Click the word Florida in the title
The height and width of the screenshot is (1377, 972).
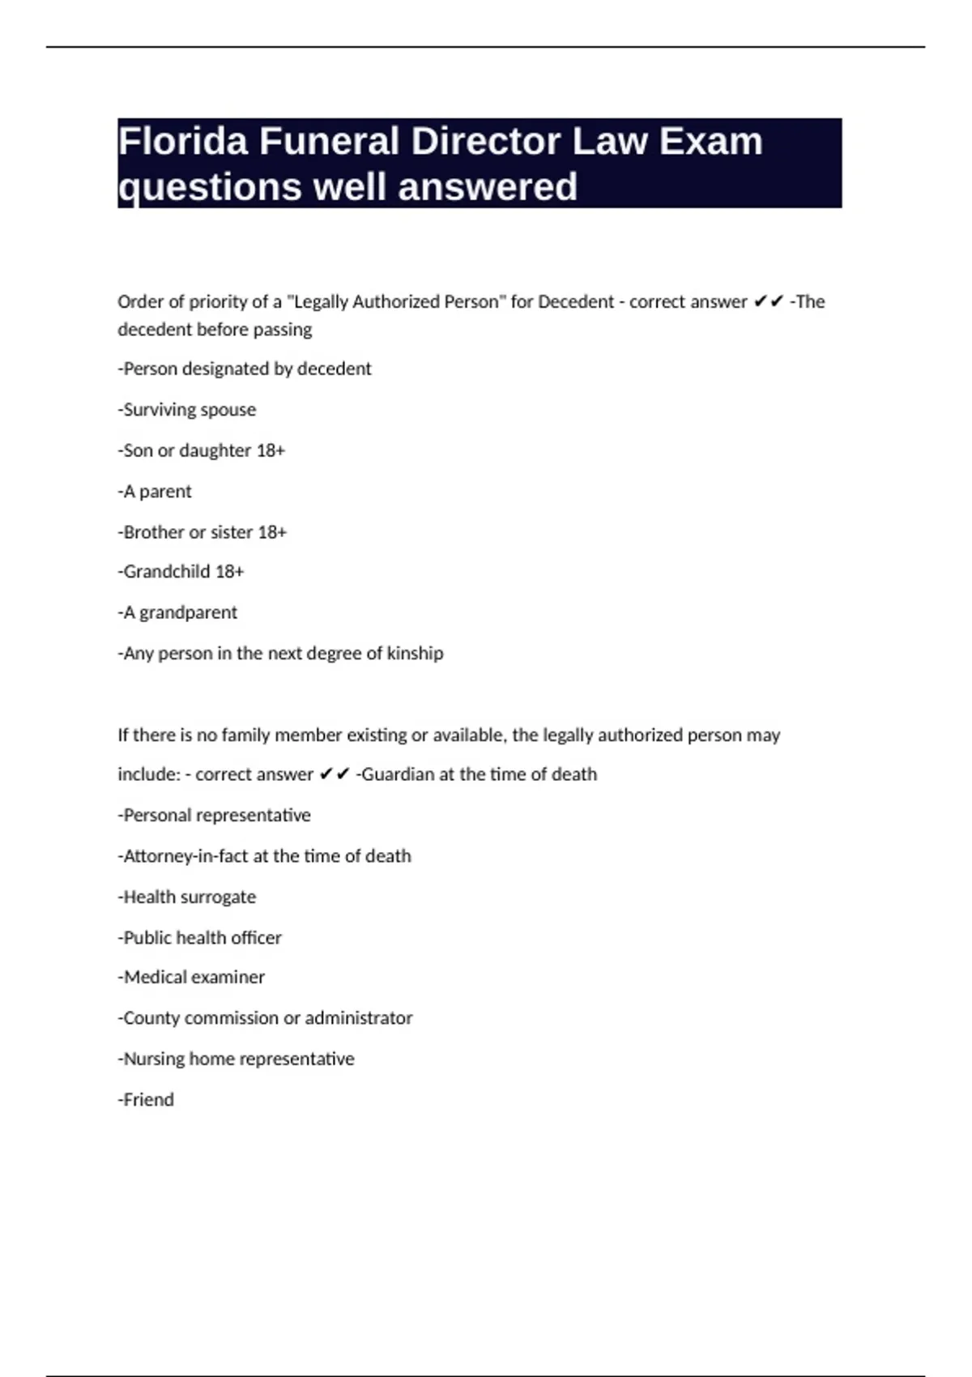click(183, 142)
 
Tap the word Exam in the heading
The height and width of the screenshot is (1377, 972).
click(710, 142)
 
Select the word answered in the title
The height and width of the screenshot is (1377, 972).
click(488, 187)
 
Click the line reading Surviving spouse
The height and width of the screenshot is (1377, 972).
click(187, 410)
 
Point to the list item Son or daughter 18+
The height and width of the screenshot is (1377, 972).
click(202, 450)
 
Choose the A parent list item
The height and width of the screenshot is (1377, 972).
click(155, 492)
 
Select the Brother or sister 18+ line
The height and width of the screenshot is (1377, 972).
click(202, 532)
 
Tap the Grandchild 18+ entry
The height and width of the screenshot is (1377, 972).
click(181, 572)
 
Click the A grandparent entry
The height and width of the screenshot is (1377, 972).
click(177, 612)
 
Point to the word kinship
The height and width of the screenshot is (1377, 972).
click(415, 653)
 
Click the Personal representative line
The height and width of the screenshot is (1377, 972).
click(215, 815)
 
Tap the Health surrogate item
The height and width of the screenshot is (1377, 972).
click(187, 897)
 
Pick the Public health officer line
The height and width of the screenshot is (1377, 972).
click(200, 937)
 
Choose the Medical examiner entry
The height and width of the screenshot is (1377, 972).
click(191, 978)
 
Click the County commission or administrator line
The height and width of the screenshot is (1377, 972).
click(265, 1018)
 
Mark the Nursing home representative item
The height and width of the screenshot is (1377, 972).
click(237, 1059)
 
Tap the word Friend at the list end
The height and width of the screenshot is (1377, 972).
click(148, 1100)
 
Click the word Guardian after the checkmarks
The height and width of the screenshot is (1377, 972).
click(398, 774)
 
